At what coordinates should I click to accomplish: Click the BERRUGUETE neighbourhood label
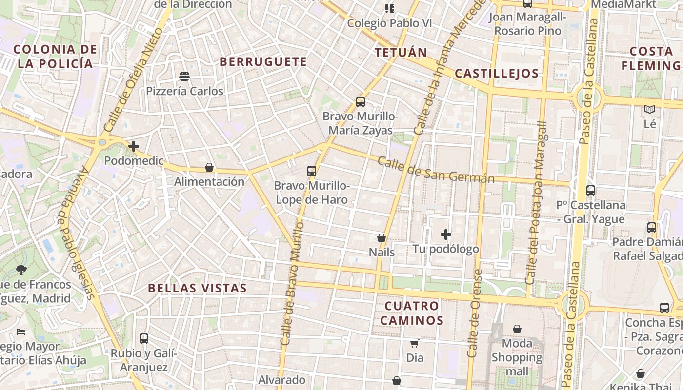[x=263, y=62]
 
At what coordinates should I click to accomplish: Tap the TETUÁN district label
[x=401, y=53]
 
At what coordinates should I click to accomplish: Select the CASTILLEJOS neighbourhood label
[x=496, y=74]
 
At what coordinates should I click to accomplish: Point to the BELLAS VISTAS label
[x=198, y=288]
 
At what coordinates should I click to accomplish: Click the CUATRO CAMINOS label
[x=412, y=313]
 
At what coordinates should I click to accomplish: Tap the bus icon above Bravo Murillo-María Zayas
[x=361, y=102]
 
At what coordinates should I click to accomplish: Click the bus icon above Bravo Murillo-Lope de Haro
[x=312, y=171]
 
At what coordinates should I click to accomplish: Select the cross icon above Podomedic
[x=134, y=146]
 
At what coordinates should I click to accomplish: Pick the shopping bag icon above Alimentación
[x=209, y=167]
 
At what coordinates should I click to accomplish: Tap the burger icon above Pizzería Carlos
[x=184, y=77]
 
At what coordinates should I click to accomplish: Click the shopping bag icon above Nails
[x=382, y=238]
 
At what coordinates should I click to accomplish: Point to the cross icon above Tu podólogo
[x=445, y=234]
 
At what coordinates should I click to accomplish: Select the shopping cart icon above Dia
[x=414, y=343]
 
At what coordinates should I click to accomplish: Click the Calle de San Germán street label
[x=436, y=170]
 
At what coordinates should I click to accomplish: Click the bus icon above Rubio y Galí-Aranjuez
[x=144, y=338]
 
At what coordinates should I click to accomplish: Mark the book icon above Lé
[x=649, y=110]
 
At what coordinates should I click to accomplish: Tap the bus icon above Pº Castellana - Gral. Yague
[x=591, y=191]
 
